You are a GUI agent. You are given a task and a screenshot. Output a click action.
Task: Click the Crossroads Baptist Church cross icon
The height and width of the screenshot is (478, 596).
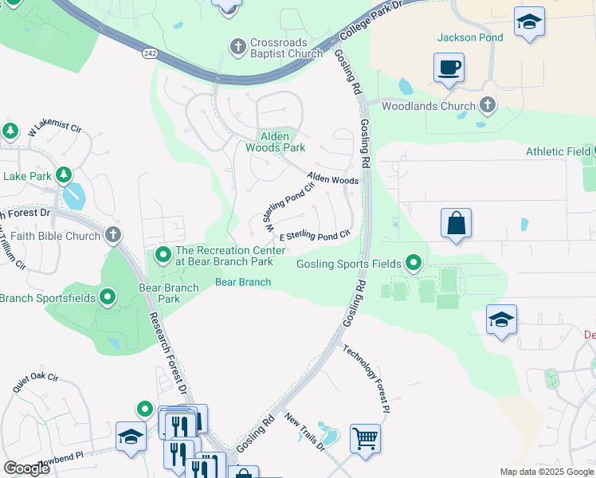click(237, 48)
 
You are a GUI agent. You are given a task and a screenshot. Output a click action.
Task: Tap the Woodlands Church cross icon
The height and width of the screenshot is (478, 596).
click(487, 105)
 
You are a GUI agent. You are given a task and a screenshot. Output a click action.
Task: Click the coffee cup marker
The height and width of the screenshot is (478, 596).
click(449, 67)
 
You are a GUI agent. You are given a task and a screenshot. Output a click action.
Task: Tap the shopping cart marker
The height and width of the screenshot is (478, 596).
click(365, 437)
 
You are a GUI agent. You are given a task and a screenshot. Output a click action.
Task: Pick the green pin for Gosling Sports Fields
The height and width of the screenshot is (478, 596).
click(413, 262)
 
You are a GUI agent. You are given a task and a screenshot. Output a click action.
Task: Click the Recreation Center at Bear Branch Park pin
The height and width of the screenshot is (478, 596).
click(163, 256)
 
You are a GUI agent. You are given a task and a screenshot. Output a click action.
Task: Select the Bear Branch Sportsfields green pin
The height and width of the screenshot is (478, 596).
click(108, 298)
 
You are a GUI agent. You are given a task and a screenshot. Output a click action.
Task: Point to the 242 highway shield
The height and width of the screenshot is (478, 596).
click(150, 53)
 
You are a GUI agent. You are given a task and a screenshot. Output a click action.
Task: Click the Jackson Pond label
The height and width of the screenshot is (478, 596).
click(470, 37)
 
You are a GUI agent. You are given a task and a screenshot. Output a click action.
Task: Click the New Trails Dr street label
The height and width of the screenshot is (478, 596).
click(304, 433)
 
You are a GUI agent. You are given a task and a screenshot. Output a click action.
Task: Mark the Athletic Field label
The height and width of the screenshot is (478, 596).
click(558, 151)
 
